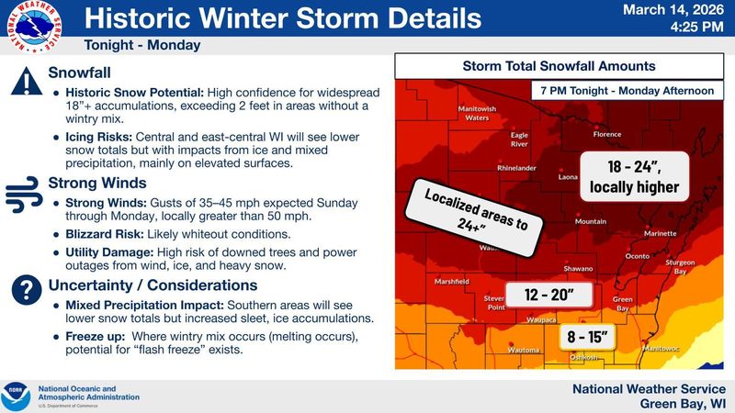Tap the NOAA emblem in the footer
point(17,396)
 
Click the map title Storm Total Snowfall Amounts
point(559,66)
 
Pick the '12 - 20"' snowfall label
point(550,295)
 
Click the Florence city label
point(607,134)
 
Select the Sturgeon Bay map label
point(680,266)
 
